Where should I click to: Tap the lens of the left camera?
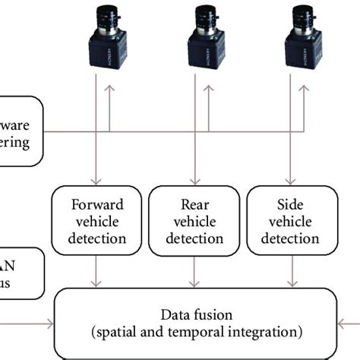tap(104, 16)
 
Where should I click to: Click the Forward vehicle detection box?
tap(96, 221)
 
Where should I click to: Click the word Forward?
tap(96, 204)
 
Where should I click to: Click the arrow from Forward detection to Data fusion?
tap(96, 272)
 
